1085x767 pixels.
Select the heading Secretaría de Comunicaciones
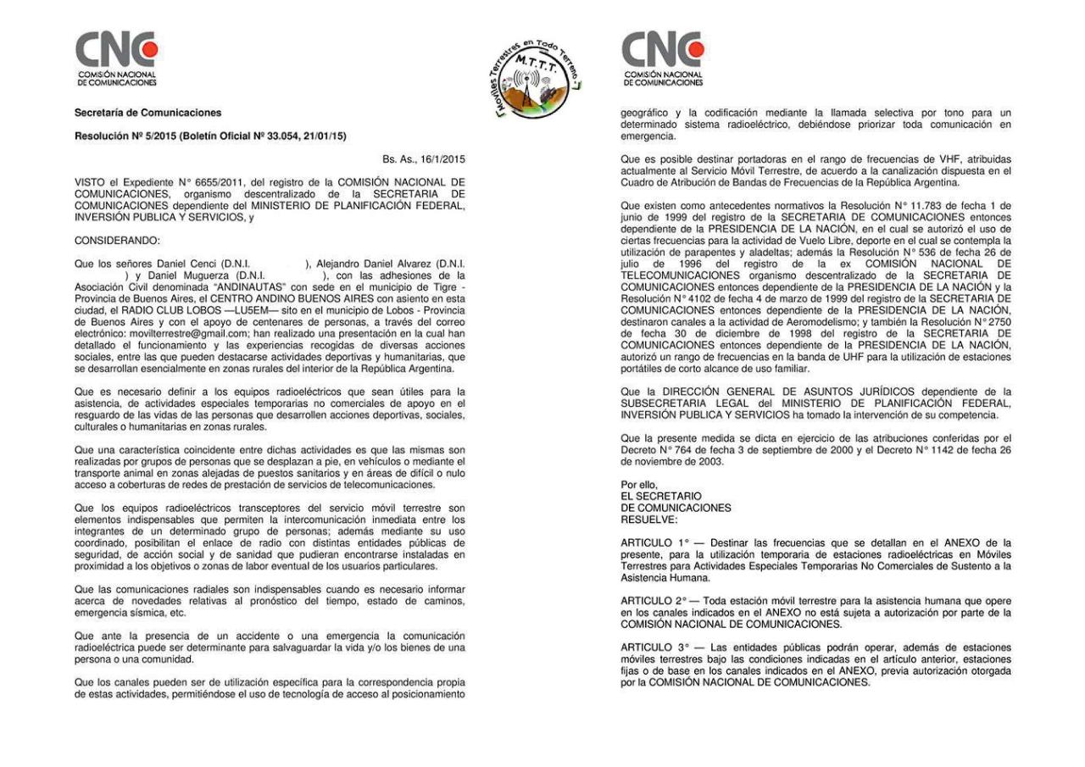147,113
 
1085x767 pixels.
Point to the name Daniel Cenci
186,264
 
